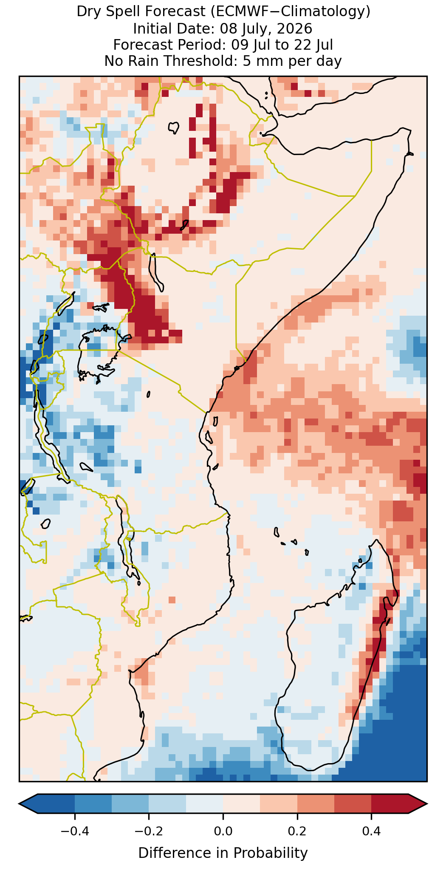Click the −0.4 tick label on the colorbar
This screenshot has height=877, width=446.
tap(74, 831)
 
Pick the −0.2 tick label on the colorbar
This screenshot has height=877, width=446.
tap(149, 831)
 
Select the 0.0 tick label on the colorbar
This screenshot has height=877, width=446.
tap(223, 831)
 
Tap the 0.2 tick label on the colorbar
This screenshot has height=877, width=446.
tap(297, 831)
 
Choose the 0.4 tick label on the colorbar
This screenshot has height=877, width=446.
tap(371, 831)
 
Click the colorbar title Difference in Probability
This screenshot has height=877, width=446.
tap(223, 853)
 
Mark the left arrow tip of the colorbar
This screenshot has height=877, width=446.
tap(20, 803)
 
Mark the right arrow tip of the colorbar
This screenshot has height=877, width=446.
tap(426, 803)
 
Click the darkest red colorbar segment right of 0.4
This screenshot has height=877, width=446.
tap(390, 803)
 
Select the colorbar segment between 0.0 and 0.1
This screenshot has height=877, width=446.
tap(241, 803)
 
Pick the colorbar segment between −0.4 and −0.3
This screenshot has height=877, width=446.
tap(93, 803)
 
